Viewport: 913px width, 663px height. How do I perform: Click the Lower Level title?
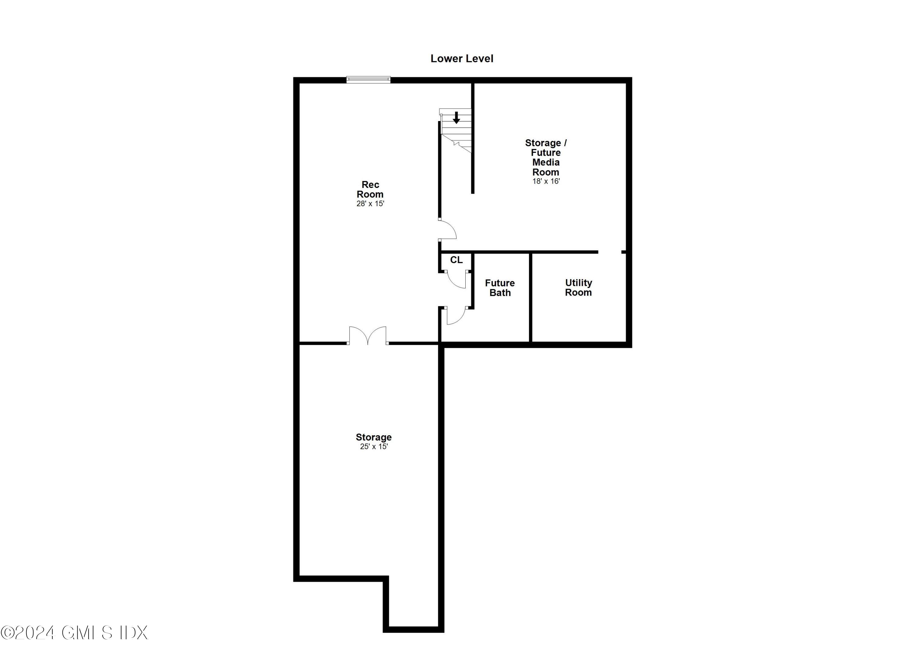click(x=462, y=59)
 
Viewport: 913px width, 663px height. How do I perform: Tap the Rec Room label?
click(x=370, y=189)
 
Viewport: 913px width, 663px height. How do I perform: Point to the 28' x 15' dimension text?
click(x=370, y=204)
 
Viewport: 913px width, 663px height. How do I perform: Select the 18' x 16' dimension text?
click(x=546, y=182)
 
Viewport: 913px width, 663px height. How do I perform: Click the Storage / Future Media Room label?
click(x=546, y=157)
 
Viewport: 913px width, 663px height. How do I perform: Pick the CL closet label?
click(x=456, y=260)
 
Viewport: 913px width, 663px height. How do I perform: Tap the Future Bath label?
click(x=500, y=288)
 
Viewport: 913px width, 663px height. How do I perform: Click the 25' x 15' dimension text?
click(x=374, y=446)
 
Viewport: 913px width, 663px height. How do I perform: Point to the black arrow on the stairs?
click(x=456, y=117)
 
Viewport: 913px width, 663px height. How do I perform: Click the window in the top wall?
click(x=368, y=80)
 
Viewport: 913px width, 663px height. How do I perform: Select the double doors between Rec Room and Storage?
click(x=368, y=336)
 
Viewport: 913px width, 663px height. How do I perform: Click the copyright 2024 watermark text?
click(x=75, y=633)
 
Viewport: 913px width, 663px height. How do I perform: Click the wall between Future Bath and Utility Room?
click(x=530, y=297)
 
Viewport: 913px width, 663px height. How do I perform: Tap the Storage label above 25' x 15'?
click(x=374, y=437)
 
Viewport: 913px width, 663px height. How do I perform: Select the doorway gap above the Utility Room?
click(x=610, y=252)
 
